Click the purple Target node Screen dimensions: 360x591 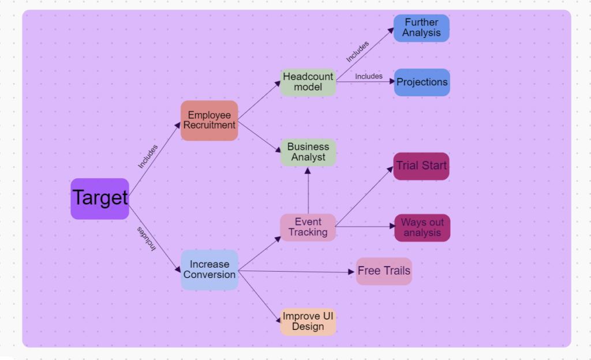100,198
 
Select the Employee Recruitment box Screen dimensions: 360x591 209,121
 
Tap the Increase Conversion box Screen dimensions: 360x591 210,270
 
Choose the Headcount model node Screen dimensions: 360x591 308,82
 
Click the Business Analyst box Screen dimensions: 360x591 308,152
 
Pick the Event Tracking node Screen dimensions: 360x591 308,227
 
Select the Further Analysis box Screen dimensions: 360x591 421,28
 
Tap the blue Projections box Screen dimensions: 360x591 421,82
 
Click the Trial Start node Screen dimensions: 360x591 421,166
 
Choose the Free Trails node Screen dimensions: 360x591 384,271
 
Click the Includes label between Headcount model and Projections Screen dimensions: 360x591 369,76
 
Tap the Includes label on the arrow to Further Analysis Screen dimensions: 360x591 358,51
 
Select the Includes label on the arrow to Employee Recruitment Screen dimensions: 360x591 148,156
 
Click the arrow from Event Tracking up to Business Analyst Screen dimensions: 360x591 308,190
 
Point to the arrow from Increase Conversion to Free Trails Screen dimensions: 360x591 294,271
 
